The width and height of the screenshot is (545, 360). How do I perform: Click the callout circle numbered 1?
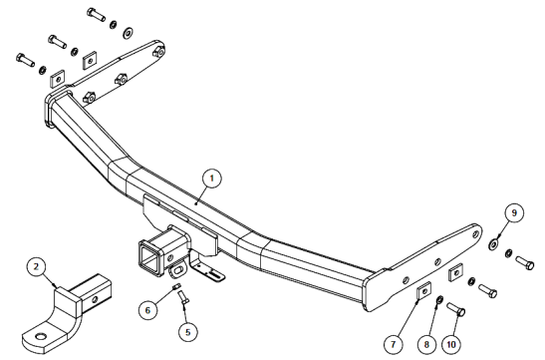212,179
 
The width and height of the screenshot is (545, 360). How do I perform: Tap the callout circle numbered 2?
36,267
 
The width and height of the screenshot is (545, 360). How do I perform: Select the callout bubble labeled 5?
188,332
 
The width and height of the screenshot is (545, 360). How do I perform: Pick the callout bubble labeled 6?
148,310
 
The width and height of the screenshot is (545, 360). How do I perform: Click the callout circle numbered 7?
394,344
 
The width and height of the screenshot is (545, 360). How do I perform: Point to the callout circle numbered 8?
426,344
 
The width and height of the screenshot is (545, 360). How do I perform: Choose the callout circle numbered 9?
514,212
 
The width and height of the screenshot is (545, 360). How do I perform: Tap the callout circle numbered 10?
451,344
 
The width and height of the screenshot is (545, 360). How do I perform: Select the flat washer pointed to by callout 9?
492,243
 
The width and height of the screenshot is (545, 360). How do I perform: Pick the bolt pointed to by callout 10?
456,309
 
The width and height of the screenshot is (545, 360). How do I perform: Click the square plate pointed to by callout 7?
423,290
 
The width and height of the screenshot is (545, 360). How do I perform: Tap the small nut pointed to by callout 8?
439,299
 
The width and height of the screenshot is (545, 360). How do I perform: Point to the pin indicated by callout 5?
183,297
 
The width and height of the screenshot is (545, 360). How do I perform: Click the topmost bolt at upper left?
97,14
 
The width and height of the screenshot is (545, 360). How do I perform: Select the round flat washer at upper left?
128,32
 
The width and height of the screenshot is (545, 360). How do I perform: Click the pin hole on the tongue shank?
95,299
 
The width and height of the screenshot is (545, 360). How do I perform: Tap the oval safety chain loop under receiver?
178,271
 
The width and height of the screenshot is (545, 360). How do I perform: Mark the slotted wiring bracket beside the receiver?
207,268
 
